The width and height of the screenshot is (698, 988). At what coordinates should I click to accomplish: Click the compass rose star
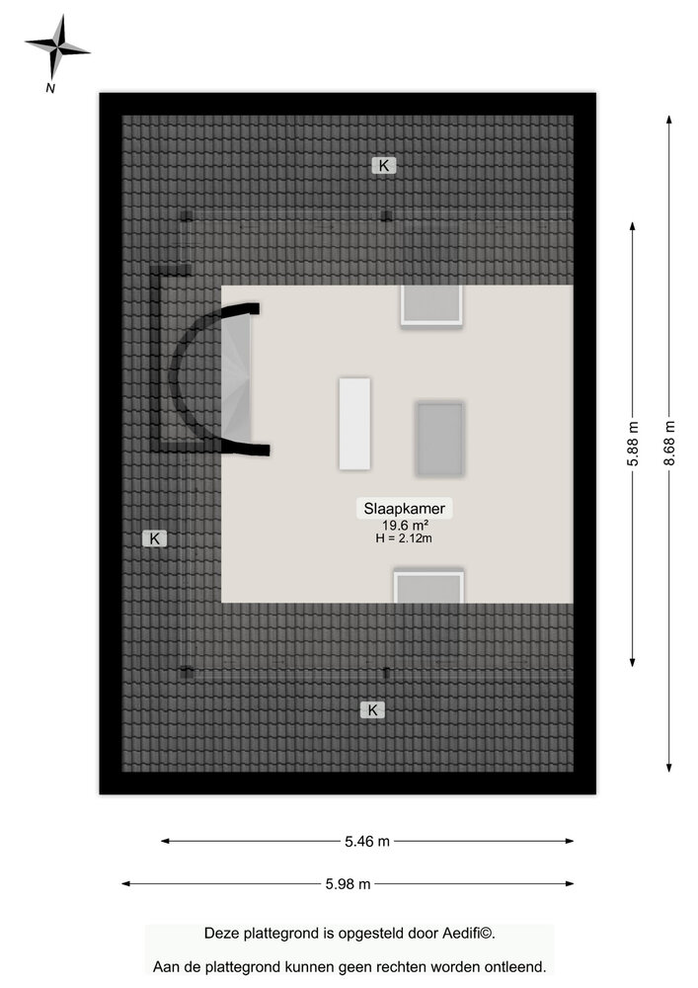pyautogui.click(x=56, y=47)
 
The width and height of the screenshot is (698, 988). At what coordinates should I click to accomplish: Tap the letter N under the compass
pyautogui.click(x=50, y=89)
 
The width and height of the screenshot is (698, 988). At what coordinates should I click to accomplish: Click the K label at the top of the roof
pyautogui.click(x=384, y=166)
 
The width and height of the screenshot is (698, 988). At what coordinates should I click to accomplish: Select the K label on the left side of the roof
pyautogui.click(x=154, y=538)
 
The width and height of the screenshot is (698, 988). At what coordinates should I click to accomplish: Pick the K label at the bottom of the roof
pyautogui.click(x=372, y=710)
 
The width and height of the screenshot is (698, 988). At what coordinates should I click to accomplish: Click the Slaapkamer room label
pyautogui.click(x=404, y=509)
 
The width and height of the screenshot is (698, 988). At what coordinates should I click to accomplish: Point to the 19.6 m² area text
pyautogui.click(x=405, y=526)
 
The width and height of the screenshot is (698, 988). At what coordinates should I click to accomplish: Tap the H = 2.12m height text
pyautogui.click(x=404, y=538)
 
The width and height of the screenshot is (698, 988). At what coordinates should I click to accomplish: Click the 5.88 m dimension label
pyautogui.click(x=633, y=445)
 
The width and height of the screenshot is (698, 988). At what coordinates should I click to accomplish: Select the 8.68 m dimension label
pyautogui.click(x=669, y=443)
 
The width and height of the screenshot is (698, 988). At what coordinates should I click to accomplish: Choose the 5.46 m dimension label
pyautogui.click(x=367, y=841)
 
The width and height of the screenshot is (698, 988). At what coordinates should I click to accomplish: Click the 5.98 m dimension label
pyautogui.click(x=348, y=884)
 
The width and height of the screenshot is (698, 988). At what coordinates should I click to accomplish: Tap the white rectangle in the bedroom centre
pyautogui.click(x=354, y=424)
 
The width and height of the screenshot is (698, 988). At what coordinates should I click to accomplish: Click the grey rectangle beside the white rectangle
pyautogui.click(x=440, y=439)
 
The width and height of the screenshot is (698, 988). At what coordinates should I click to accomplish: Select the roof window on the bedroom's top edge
pyautogui.click(x=431, y=305)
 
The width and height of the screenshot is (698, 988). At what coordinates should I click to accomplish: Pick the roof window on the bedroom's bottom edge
pyautogui.click(x=428, y=587)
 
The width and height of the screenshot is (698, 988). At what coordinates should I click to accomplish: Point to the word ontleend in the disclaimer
pyautogui.click(x=516, y=966)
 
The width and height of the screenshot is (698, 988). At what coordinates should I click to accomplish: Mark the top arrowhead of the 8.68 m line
pyautogui.click(x=669, y=120)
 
